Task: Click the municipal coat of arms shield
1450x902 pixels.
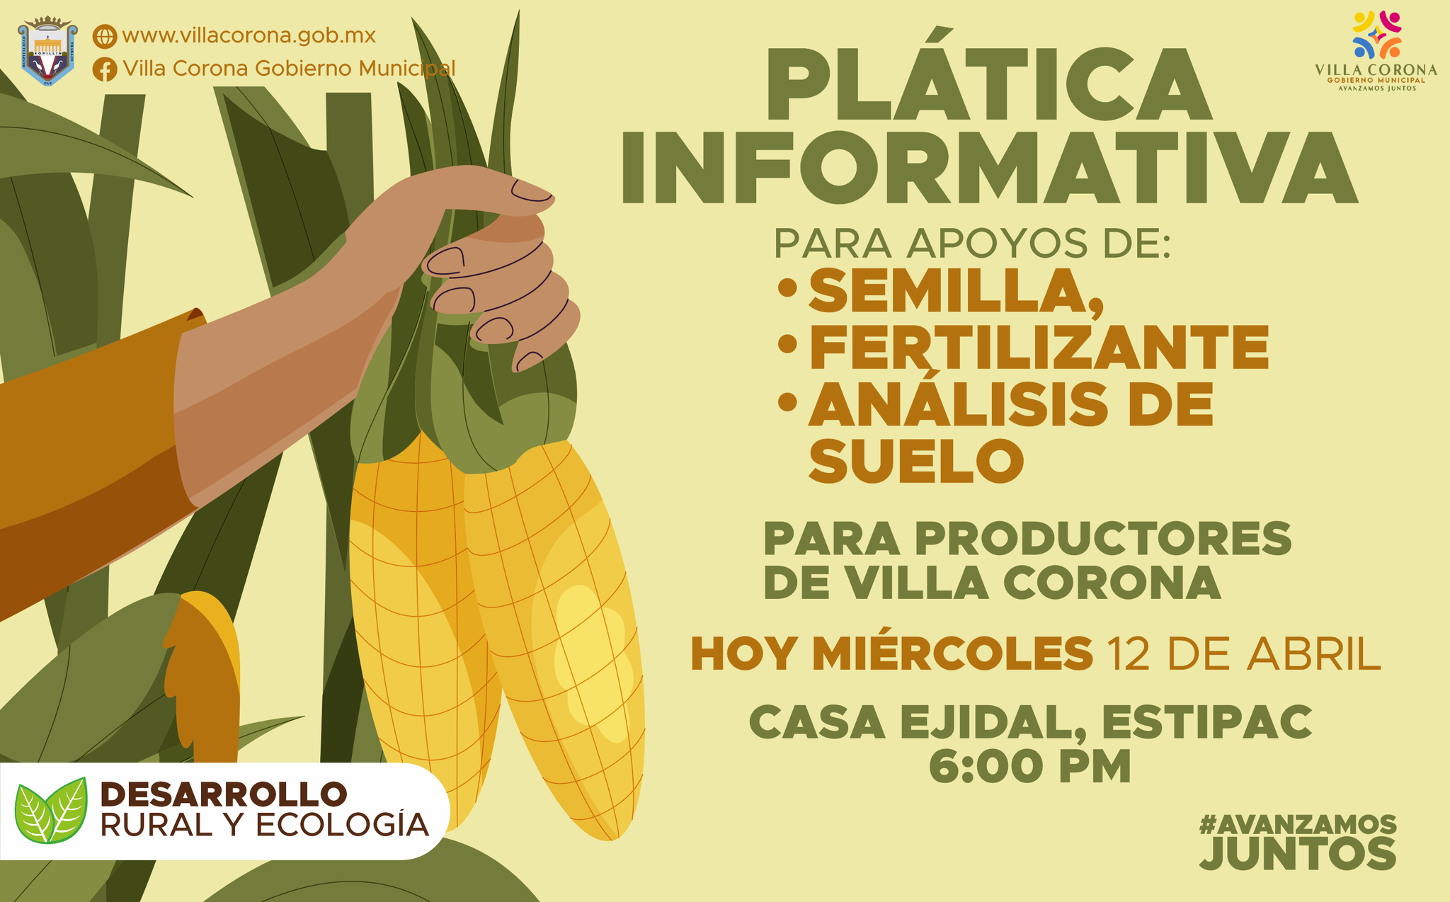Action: tap(47, 50)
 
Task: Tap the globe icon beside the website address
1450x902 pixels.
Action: tap(105, 36)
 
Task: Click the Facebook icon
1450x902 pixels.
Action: tap(105, 69)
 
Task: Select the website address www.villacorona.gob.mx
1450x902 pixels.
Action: tap(249, 35)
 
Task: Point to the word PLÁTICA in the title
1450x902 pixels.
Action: tap(988, 86)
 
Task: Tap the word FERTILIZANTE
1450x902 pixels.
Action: tap(1039, 347)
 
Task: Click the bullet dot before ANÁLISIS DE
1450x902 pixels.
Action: tap(787, 402)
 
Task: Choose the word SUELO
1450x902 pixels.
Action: tap(916, 461)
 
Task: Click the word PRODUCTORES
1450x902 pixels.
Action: tap(1103, 539)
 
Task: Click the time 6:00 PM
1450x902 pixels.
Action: tap(1029, 766)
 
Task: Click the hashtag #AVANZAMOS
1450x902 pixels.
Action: tap(1298, 825)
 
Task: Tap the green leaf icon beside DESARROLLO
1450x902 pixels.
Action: tap(52, 811)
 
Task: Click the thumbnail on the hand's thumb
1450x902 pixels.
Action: tap(531, 190)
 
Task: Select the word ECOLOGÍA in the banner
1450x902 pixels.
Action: tap(341, 825)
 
